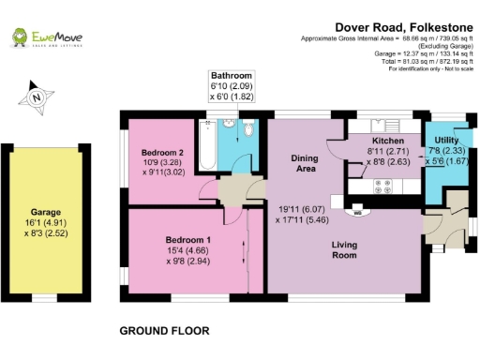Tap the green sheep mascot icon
point(18,37)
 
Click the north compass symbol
point(36,97)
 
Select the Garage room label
point(45,213)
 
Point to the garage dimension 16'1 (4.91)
point(45,223)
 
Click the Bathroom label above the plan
point(232,75)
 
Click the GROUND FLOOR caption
point(164,331)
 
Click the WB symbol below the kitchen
point(356,211)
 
